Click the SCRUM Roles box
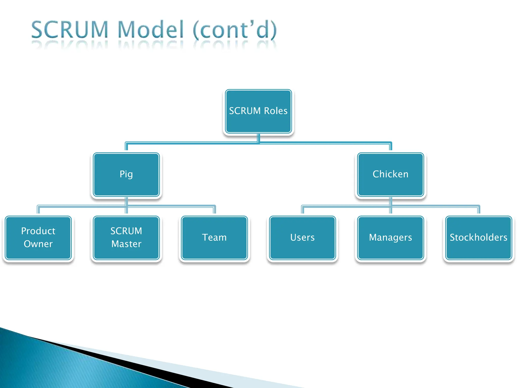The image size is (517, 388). pyautogui.click(x=258, y=111)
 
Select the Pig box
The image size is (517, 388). pyautogui.click(x=126, y=174)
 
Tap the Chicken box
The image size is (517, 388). pyautogui.click(x=390, y=174)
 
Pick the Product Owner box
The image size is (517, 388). pyautogui.click(x=38, y=237)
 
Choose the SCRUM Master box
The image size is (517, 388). pyautogui.click(x=126, y=237)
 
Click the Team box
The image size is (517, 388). pyautogui.click(x=214, y=237)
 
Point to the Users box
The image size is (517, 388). pyautogui.click(x=302, y=237)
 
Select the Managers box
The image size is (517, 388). pyautogui.click(x=390, y=237)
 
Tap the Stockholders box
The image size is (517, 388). pyautogui.click(x=478, y=237)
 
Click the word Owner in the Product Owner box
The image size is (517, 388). pyautogui.click(x=38, y=244)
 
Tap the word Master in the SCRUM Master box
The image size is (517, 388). pyautogui.click(x=126, y=244)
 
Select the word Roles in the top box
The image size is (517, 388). pyautogui.click(x=276, y=111)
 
